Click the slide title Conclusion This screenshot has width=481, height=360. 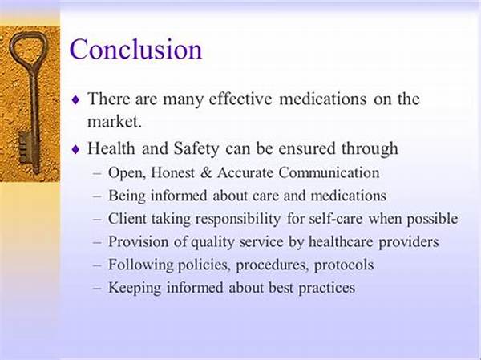click(x=136, y=49)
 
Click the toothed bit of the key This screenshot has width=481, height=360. click(x=25, y=148)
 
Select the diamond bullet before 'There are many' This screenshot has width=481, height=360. click(x=75, y=99)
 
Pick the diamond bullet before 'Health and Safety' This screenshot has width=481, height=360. click(x=75, y=149)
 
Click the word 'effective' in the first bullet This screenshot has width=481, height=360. click(x=240, y=99)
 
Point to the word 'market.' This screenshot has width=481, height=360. click(x=115, y=122)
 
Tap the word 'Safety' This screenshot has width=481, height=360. click(x=196, y=149)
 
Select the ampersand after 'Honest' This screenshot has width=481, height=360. click(x=207, y=172)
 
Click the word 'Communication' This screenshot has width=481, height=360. click(x=329, y=172)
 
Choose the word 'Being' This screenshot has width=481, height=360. click(x=127, y=196)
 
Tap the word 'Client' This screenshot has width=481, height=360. click(x=127, y=219)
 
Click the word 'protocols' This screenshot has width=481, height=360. click(x=344, y=265)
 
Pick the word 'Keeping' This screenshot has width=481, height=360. click(x=135, y=288)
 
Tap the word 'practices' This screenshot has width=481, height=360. click(x=327, y=288)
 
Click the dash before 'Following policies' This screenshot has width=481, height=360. click(x=97, y=265)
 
